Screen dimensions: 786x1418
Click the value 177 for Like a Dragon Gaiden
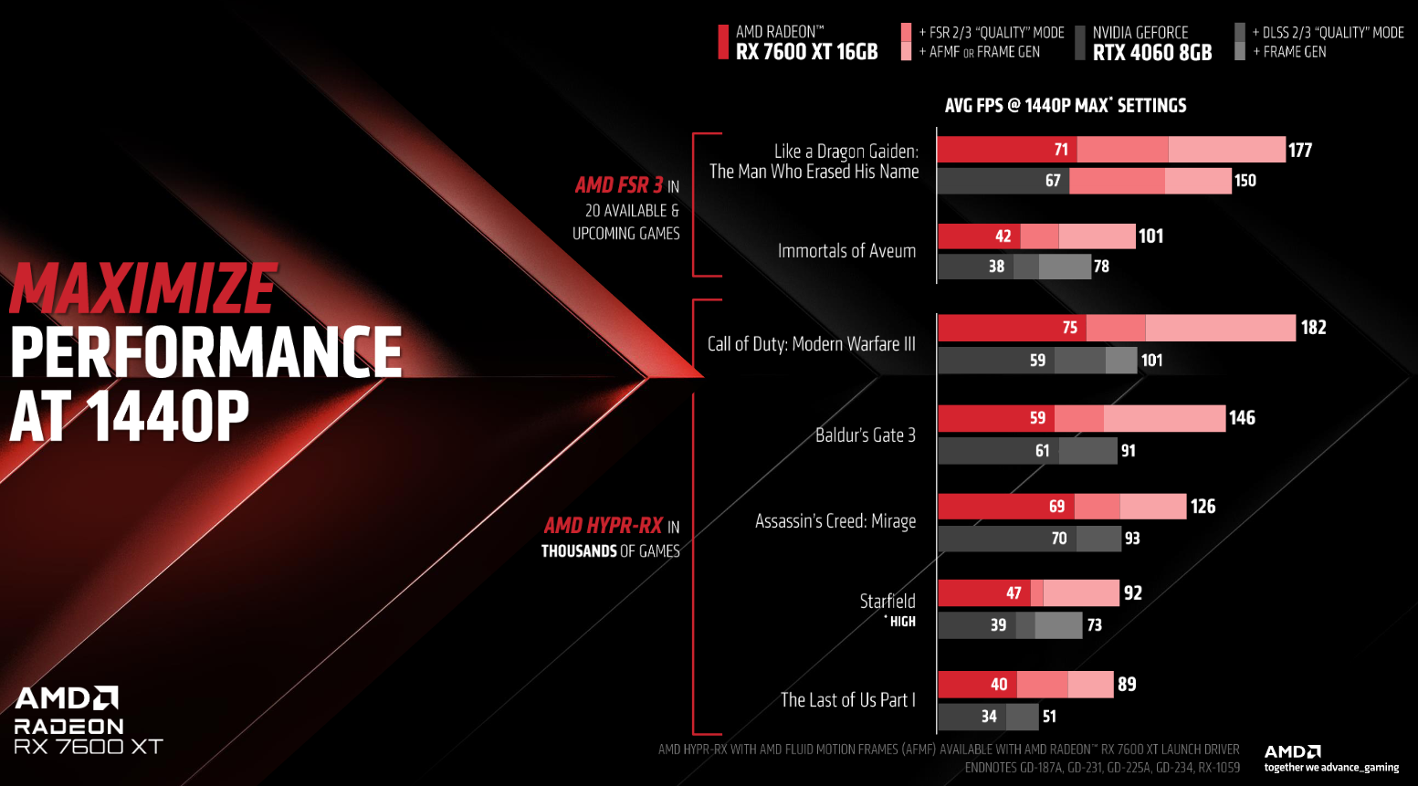[1300, 150]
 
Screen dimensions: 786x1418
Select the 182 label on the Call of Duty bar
[1313, 328]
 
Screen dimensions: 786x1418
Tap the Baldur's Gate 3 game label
[865, 435]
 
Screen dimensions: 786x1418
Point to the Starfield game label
[887, 601]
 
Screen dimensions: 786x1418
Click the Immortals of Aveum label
[846, 251]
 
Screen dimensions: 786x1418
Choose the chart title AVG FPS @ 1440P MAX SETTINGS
[1066, 106]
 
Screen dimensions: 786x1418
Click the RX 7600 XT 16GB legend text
[806, 52]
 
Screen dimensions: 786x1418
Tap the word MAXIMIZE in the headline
[143, 289]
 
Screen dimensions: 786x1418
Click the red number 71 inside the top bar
[1060, 150]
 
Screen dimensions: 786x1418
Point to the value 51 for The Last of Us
[1049, 717]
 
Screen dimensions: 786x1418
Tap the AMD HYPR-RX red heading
[604, 526]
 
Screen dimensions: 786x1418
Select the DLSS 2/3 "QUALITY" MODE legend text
[1333, 33]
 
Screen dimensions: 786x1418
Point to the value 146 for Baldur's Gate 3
[1242, 418]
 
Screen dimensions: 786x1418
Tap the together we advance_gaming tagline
[1331, 768]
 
